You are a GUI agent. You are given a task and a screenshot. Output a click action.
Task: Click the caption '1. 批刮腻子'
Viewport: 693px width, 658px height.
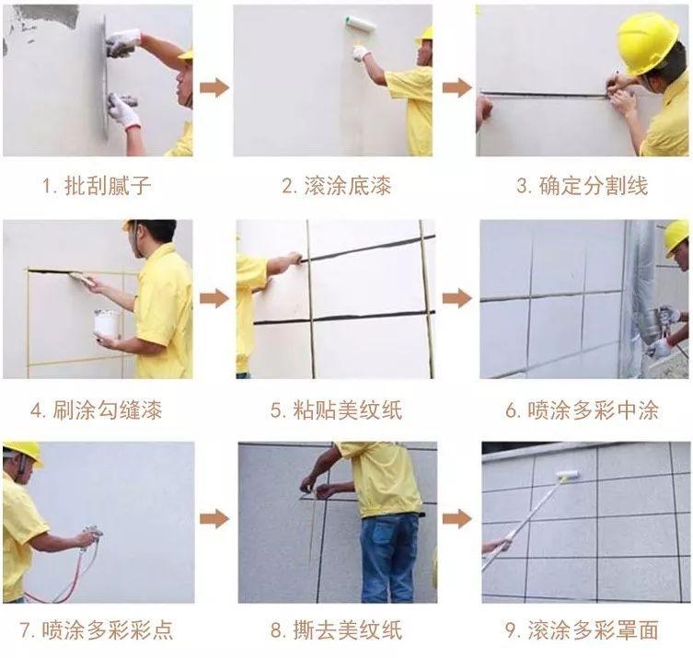pyautogui.click(x=96, y=185)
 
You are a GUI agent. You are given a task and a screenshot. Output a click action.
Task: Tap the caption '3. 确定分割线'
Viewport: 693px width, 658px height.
pyautogui.click(x=582, y=185)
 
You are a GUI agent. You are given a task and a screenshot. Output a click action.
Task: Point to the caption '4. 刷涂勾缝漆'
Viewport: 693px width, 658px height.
pyautogui.click(x=96, y=410)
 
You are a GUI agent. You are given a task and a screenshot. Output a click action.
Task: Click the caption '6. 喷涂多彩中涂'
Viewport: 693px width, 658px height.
pyautogui.click(x=582, y=410)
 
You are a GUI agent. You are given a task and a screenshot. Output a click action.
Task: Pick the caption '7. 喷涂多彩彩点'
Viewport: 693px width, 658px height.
pyautogui.click(x=96, y=630)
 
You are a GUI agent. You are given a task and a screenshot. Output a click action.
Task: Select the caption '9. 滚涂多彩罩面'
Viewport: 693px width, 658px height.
pyautogui.click(x=582, y=630)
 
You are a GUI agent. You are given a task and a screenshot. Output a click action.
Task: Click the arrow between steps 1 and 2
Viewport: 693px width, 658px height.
pyautogui.click(x=214, y=88)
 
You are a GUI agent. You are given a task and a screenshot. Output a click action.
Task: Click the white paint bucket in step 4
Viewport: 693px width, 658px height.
pyautogui.click(x=106, y=323)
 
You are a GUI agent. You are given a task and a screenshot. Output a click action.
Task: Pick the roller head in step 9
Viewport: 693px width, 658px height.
pyautogui.click(x=567, y=475)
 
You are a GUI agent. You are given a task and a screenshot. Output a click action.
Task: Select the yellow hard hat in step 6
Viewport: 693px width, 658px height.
pyautogui.click(x=676, y=236)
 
